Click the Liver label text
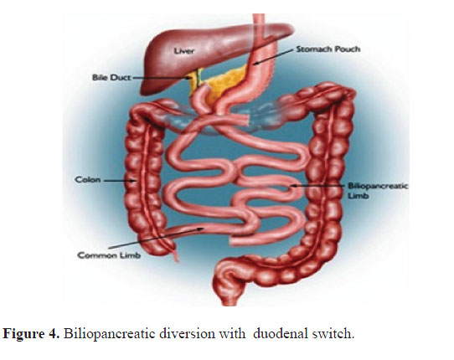184,51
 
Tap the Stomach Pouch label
328,49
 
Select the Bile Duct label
111,78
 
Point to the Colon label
88,180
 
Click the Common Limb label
109,255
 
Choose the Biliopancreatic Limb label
378,191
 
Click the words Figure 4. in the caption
31,334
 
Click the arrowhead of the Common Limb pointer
201,229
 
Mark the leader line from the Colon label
120,181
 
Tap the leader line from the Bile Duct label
162,78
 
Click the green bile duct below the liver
199,78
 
